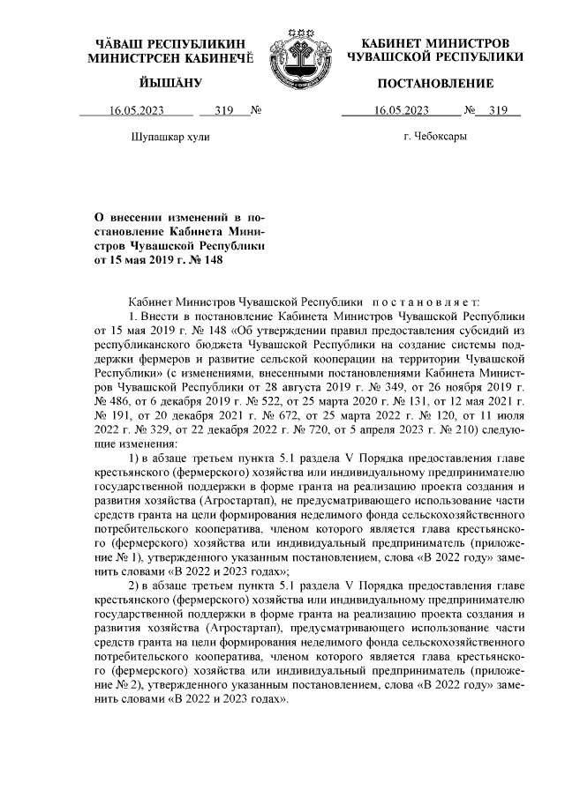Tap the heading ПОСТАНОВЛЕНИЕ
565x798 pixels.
point(435,84)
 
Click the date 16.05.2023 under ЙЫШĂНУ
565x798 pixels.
point(137,111)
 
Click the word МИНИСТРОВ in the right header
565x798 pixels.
point(464,43)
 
